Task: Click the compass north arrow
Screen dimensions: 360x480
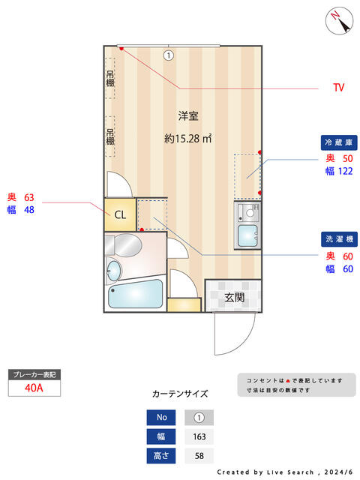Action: click(x=340, y=22)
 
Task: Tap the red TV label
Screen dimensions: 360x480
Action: click(x=339, y=88)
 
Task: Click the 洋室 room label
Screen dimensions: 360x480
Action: click(x=188, y=116)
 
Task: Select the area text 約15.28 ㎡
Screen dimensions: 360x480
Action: click(x=188, y=139)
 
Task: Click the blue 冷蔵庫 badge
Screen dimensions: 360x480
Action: click(x=339, y=142)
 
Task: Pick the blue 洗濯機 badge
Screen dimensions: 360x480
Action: click(x=339, y=239)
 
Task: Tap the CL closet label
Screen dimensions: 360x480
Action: click(x=120, y=215)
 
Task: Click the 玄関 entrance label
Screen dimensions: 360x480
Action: click(x=235, y=297)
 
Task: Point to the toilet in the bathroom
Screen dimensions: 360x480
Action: click(x=124, y=245)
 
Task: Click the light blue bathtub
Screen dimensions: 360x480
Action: click(x=135, y=294)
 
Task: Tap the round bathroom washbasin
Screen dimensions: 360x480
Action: click(x=113, y=271)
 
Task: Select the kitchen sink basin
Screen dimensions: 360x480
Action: click(x=247, y=235)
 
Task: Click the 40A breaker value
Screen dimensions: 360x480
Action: click(x=34, y=388)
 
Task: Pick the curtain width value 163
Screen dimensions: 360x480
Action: click(x=199, y=436)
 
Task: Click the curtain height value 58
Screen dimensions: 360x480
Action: click(x=199, y=456)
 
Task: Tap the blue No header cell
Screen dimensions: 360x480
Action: click(x=161, y=418)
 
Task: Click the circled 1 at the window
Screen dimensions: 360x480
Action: click(x=168, y=55)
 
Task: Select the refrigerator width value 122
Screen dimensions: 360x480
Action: click(x=345, y=171)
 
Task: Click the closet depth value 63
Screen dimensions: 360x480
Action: click(x=29, y=197)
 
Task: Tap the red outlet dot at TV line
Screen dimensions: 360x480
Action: click(x=121, y=48)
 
